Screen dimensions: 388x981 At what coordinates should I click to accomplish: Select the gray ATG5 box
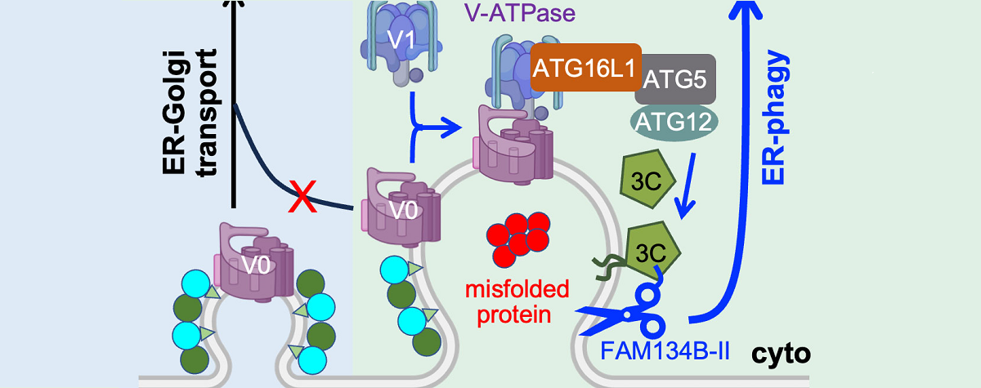click(x=674, y=80)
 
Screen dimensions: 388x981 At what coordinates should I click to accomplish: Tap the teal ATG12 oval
click(x=674, y=122)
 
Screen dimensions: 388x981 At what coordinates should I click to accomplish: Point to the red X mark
click(x=304, y=199)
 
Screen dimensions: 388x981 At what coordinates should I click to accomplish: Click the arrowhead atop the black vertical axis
click(x=235, y=7)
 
